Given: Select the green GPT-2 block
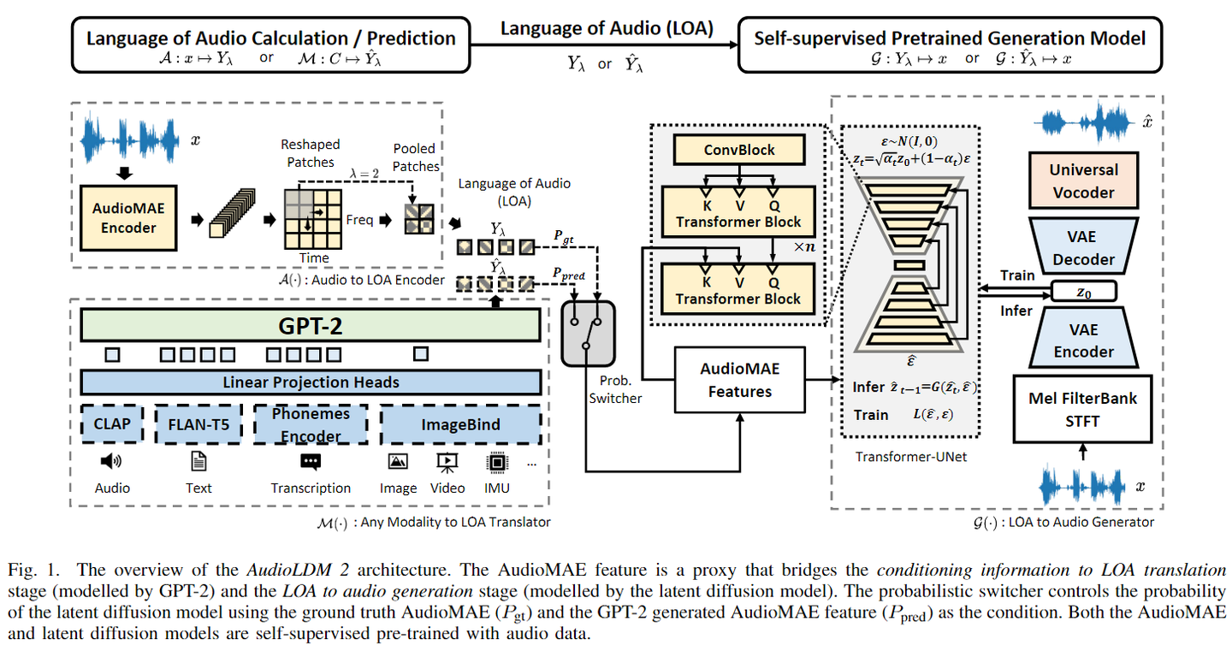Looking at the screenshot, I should [310, 325].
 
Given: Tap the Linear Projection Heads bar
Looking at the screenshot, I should [310, 382].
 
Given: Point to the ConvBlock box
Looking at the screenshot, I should [738, 150].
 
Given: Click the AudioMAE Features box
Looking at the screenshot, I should [739, 380].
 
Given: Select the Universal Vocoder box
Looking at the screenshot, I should [1083, 181].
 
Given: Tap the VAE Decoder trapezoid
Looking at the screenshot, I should [1083, 247].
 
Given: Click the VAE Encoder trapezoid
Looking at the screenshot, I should [1083, 340].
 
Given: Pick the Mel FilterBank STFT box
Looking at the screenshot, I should [1083, 408].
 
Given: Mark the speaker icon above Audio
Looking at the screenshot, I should [111, 462].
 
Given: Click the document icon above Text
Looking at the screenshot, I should [198, 462].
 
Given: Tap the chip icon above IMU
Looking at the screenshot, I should [495, 462].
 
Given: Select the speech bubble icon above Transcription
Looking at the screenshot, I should [310, 462].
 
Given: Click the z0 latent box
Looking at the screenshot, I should [1083, 292].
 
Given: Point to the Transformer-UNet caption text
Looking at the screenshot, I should [910, 456].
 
